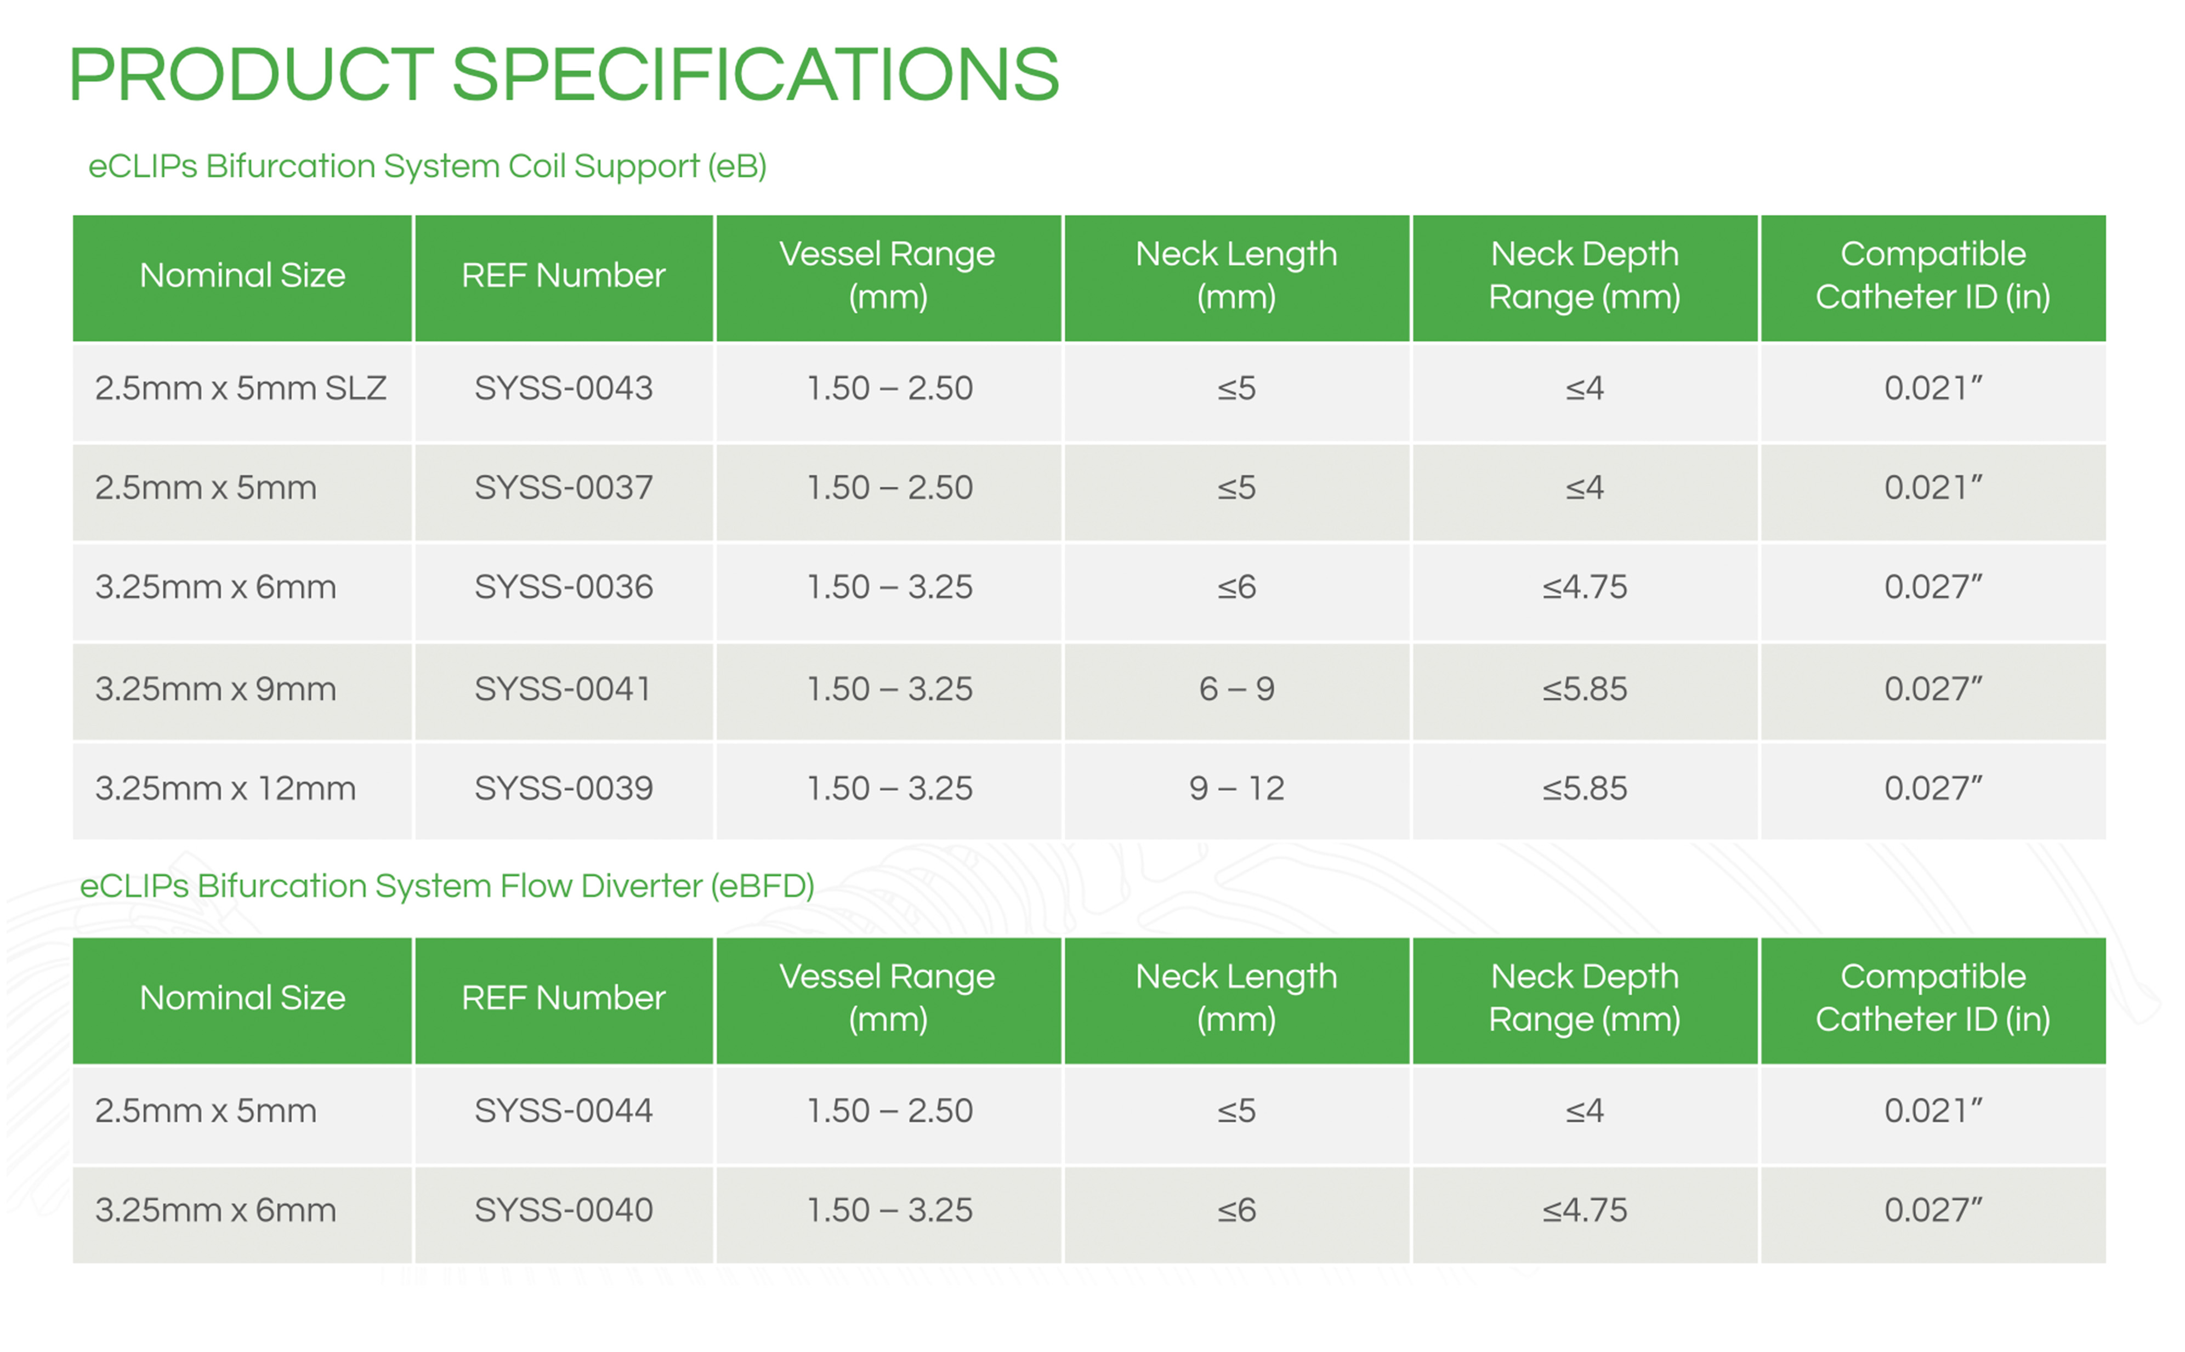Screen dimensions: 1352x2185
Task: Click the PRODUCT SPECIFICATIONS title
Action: (x=564, y=75)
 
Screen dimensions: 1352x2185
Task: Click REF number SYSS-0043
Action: (x=564, y=388)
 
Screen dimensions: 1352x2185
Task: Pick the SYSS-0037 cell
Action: (x=564, y=487)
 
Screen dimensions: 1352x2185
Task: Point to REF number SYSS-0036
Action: (x=564, y=586)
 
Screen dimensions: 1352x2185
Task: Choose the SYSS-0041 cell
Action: (x=564, y=688)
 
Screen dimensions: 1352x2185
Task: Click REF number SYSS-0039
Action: (x=564, y=788)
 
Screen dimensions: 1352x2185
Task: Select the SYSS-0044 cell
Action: (x=564, y=1110)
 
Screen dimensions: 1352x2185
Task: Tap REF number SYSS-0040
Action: (x=564, y=1210)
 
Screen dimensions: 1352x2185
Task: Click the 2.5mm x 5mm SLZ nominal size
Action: (x=241, y=388)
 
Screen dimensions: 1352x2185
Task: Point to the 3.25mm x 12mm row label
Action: (x=225, y=788)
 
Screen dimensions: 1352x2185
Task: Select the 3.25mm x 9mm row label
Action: (x=215, y=688)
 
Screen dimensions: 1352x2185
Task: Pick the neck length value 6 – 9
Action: (x=1236, y=688)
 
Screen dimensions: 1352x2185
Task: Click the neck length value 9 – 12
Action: (x=1236, y=788)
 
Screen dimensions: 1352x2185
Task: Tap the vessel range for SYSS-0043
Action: (x=889, y=388)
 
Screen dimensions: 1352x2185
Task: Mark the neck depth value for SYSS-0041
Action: (x=1584, y=688)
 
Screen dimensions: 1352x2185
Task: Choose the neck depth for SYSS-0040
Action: (x=1584, y=1210)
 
